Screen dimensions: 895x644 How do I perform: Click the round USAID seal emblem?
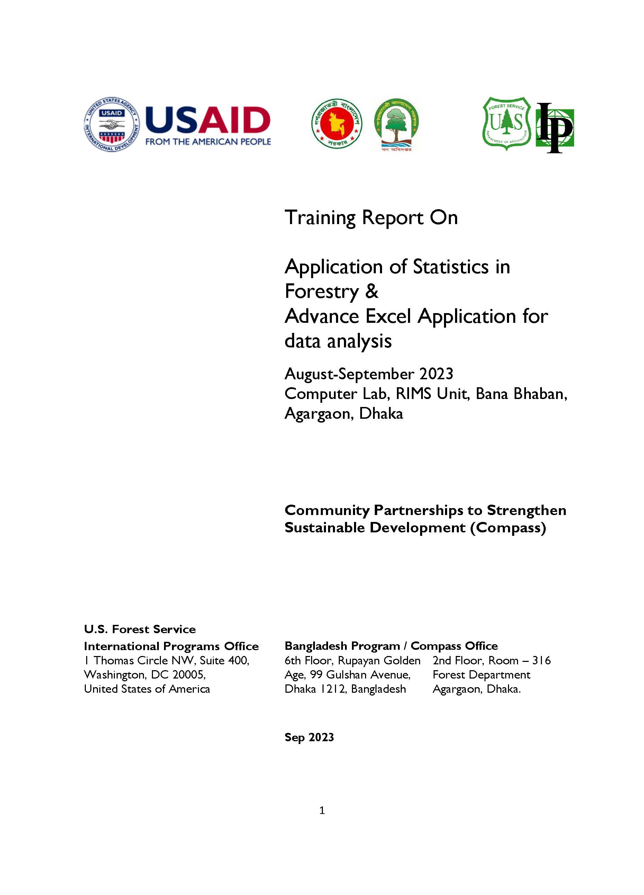pos(112,124)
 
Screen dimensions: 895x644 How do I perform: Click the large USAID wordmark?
pos(208,120)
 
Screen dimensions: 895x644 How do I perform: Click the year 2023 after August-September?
pos(436,374)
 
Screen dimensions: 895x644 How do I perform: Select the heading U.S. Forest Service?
pos(140,629)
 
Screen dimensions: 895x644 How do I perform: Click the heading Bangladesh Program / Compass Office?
pos(391,646)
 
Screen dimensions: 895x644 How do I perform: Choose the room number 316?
pos(542,661)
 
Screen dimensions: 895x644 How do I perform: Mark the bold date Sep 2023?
pos(309,737)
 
